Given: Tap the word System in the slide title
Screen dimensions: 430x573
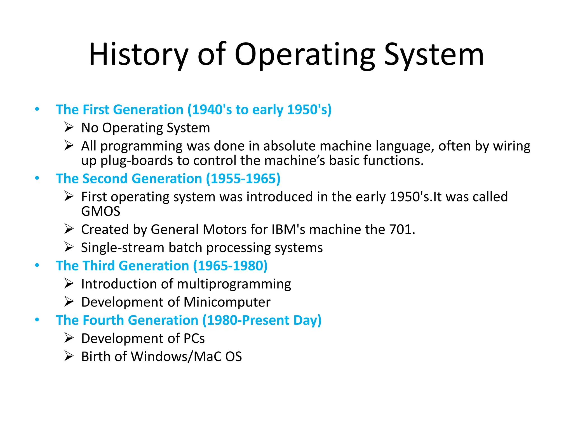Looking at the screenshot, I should pos(434,55).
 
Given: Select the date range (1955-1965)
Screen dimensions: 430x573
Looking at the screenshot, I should pos(243,179).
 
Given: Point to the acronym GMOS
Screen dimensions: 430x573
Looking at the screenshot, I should pos(101,211).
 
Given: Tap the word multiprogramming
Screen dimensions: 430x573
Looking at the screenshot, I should pos(234,284).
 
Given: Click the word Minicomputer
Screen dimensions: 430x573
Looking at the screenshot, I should pos(227,302).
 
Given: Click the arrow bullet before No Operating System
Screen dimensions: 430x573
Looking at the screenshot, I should pos(69,127).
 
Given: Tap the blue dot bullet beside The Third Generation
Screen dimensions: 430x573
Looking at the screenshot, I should pos(37,265).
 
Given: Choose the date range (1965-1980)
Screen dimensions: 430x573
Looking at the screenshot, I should pos(230,266).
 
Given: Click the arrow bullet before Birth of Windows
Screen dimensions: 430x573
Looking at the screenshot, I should pos(69,356).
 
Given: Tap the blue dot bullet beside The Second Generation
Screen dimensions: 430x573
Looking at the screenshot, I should pos(37,178).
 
